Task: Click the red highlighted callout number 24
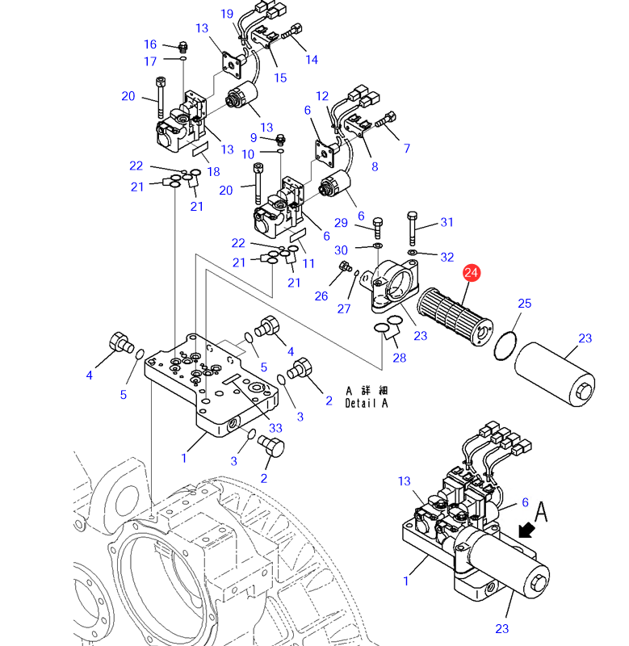pyautogui.click(x=472, y=274)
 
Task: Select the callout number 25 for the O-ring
pyautogui.click(x=525, y=304)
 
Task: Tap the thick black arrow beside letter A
pyautogui.click(x=527, y=529)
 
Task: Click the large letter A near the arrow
pyautogui.click(x=541, y=510)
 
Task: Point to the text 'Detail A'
pyautogui.click(x=366, y=403)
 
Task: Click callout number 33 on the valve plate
pyautogui.click(x=275, y=428)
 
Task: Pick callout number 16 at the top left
pyautogui.click(x=150, y=44)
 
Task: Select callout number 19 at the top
pyautogui.click(x=226, y=14)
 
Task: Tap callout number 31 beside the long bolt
pyautogui.click(x=447, y=223)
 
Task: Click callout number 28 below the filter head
pyautogui.click(x=399, y=358)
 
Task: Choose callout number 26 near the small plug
pyautogui.click(x=321, y=296)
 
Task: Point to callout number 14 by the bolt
pyautogui.click(x=312, y=59)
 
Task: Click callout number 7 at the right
pyautogui.click(x=406, y=148)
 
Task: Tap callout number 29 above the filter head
pyautogui.click(x=341, y=223)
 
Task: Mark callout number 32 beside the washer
pyautogui.click(x=447, y=257)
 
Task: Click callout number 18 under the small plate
pyautogui.click(x=213, y=171)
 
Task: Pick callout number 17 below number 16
pyautogui.click(x=150, y=61)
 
